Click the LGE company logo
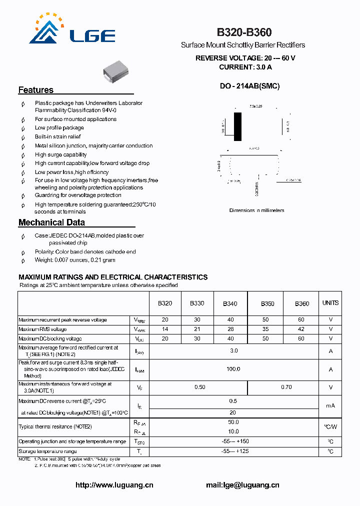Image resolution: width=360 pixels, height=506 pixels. click(x=72, y=30)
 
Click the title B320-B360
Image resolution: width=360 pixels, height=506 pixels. click(x=244, y=32)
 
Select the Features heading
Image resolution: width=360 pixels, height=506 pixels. click(x=36, y=90)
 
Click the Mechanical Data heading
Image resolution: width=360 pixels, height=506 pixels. click(x=51, y=222)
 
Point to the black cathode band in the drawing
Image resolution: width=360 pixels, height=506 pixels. click(x=237, y=126)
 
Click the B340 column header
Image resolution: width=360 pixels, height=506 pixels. click(x=230, y=303)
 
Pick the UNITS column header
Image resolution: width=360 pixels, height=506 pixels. click(x=330, y=303)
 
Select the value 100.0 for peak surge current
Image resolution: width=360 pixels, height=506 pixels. click(x=233, y=369)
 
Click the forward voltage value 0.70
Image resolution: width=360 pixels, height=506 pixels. click(x=286, y=387)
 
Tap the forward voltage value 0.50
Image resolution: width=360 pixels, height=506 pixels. click(x=199, y=387)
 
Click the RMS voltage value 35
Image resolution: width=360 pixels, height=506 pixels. click(x=265, y=329)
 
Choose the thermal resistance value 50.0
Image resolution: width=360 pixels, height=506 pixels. click(x=233, y=422)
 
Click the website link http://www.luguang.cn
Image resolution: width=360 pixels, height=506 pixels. click(x=114, y=485)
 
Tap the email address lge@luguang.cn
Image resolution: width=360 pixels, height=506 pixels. click(x=242, y=485)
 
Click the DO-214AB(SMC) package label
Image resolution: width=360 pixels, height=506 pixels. click(x=250, y=86)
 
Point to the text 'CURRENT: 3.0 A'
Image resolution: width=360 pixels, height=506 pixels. click(x=245, y=67)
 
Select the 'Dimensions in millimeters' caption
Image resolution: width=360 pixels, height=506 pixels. click(x=256, y=210)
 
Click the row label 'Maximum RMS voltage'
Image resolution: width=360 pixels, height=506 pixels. click(x=42, y=329)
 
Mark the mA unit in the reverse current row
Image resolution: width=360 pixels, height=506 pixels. click(x=330, y=405)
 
